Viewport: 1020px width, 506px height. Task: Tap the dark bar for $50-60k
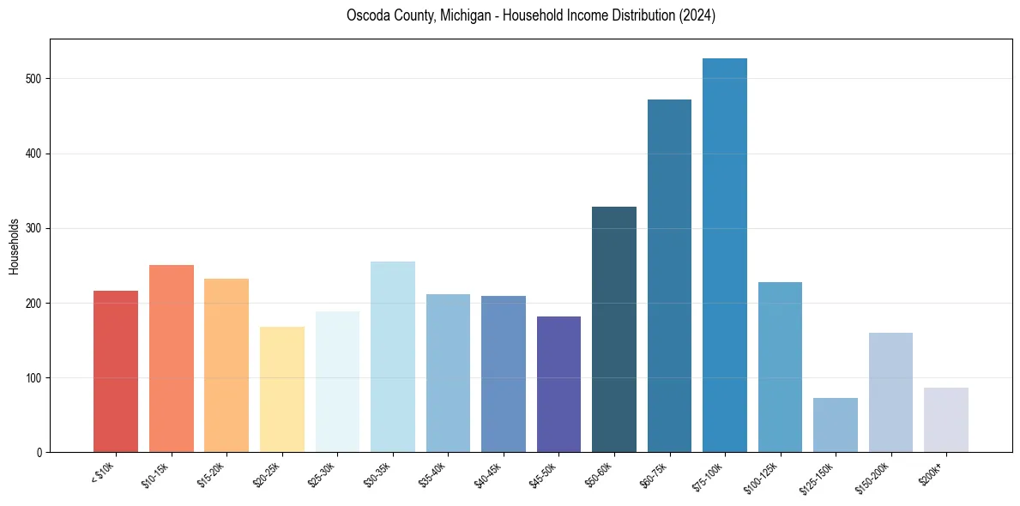(614, 329)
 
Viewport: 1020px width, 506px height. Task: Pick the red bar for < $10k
(116, 371)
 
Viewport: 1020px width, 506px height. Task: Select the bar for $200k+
(946, 420)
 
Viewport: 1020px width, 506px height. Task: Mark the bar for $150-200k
(890, 393)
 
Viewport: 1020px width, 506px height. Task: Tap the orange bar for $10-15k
(172, 358)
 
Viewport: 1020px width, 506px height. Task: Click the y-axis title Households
(14, 246)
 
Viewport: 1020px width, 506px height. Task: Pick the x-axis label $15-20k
(213, 473)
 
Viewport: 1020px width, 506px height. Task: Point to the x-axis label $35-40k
(434, 473)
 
